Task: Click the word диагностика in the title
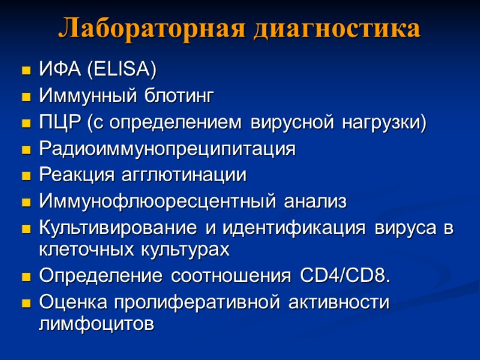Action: (x=337, y=28)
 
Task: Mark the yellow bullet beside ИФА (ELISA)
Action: (x=26, y=71)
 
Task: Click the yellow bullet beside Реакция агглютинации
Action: (x=26, y=176)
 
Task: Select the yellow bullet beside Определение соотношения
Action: (x=26, y=277)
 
